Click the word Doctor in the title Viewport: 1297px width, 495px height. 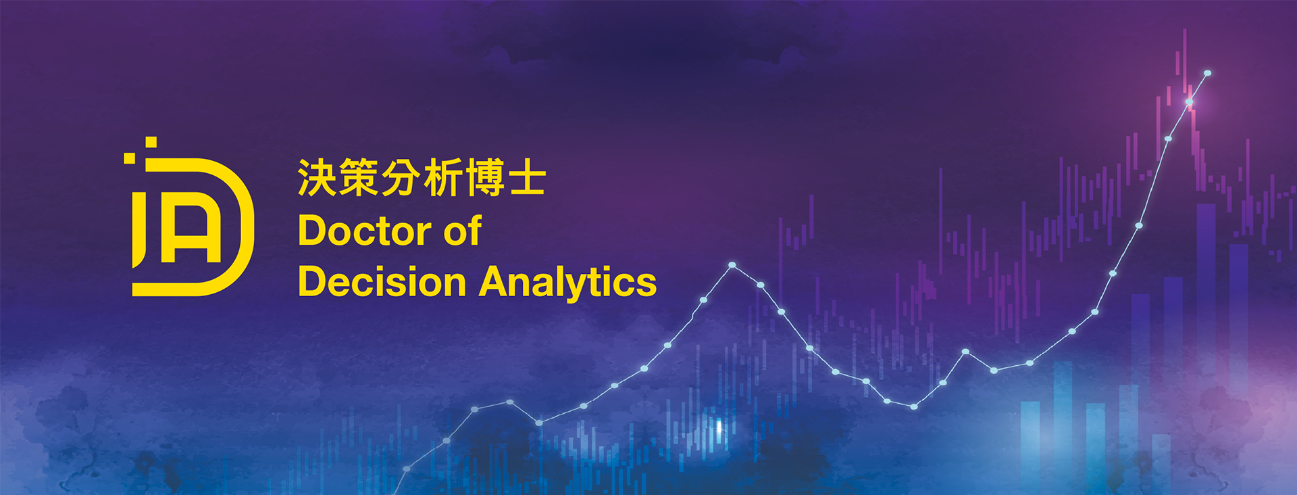pyautogui.click(x=365, y=231)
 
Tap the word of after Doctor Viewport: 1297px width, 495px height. pyautogui.click(x=463, y=231)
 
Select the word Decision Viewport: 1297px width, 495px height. pyautogui.click(x=382, y=281)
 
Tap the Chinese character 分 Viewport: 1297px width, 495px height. pyautogui.click(x=401, y=178)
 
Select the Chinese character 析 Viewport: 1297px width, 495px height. pyautogui.click(x=443, y=178)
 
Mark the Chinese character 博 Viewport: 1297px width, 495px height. pyautogui.click(x=485, y=178)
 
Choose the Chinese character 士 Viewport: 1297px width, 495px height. pyautogui.click(x=527, y=178)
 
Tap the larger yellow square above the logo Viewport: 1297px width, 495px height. pyautogui.click(x=151, y=142)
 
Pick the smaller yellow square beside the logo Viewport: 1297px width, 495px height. pyautogui.click(x=129, y=158)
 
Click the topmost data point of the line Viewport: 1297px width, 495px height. pyautogui.click(x=1207, y=73)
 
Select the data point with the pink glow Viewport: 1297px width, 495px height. pyautogui.click(x=1189, y=102)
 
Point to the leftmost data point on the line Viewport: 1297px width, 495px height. pyautogui.click(x=407, y=468)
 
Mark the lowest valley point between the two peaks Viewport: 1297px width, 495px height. pyautogui.click(x=913, y=406)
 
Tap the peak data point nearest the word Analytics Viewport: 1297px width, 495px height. pyautogui.click(x=732, y=265)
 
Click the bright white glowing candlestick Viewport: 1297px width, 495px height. pyautogui.click(x=719, y=427)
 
